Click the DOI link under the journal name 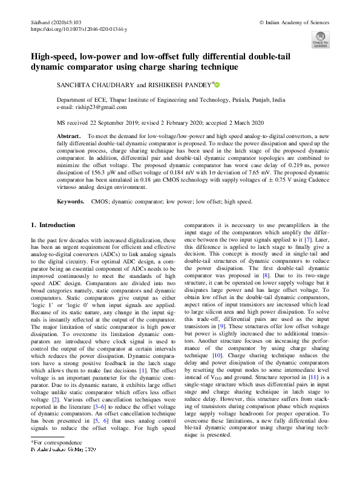78,28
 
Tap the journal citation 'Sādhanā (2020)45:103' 56,22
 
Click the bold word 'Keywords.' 70,200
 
